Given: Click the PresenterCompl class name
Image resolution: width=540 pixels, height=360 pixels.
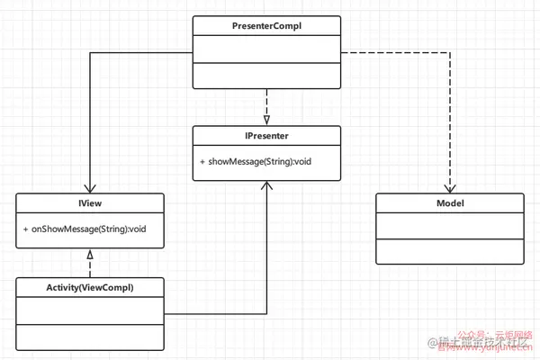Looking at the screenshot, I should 267,26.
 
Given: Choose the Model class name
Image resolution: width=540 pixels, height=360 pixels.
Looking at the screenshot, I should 450,204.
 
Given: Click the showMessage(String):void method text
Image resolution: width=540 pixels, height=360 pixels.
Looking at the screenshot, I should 260,162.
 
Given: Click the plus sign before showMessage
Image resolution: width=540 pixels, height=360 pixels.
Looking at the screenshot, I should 202,162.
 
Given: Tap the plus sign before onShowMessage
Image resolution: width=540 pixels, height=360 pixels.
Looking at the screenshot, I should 26,229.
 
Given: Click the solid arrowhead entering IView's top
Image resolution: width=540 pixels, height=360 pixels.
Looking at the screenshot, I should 88,187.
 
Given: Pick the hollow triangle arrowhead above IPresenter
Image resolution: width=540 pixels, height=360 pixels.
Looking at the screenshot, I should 266,120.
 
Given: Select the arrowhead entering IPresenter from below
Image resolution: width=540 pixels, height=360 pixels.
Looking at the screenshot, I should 266,184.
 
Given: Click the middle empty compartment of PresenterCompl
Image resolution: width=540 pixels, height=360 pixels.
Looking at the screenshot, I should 267,49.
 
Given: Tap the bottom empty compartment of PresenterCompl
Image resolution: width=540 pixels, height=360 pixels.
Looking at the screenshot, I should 267,76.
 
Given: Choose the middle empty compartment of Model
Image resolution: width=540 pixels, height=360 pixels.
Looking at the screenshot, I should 450,227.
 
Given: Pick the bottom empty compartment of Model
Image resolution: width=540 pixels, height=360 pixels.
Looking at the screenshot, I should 450,252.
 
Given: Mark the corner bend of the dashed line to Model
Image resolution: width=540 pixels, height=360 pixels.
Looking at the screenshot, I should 450,51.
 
